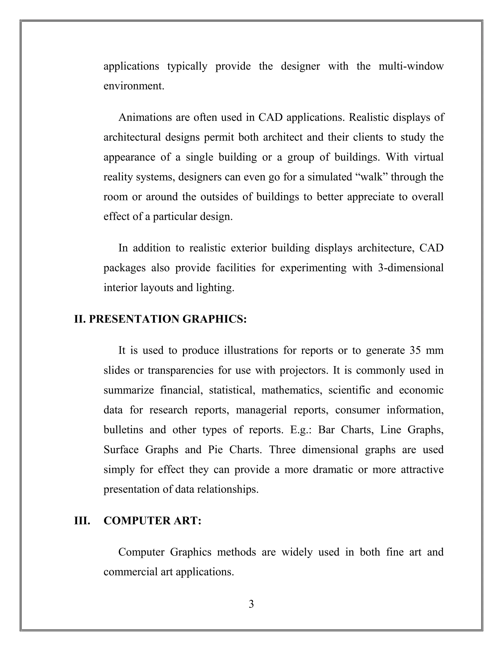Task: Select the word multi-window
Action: (411, 66)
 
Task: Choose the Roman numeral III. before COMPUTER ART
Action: (82, 521)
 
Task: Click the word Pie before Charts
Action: (215, 450)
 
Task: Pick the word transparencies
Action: (180, 370)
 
